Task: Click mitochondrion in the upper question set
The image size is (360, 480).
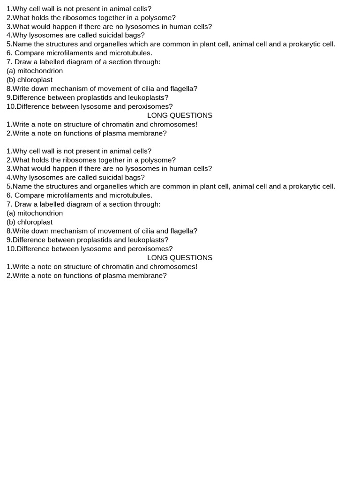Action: click(x=40, y=71)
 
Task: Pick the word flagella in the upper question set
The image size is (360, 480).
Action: click(x=181, y=89)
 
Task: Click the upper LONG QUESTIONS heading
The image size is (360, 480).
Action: click(x=180, y=115)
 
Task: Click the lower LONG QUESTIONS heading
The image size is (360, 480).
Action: click(x=180, y=258)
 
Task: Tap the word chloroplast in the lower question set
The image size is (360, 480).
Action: click(x=35, y=222)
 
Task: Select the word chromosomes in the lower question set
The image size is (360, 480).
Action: click(x=173, y=267)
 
